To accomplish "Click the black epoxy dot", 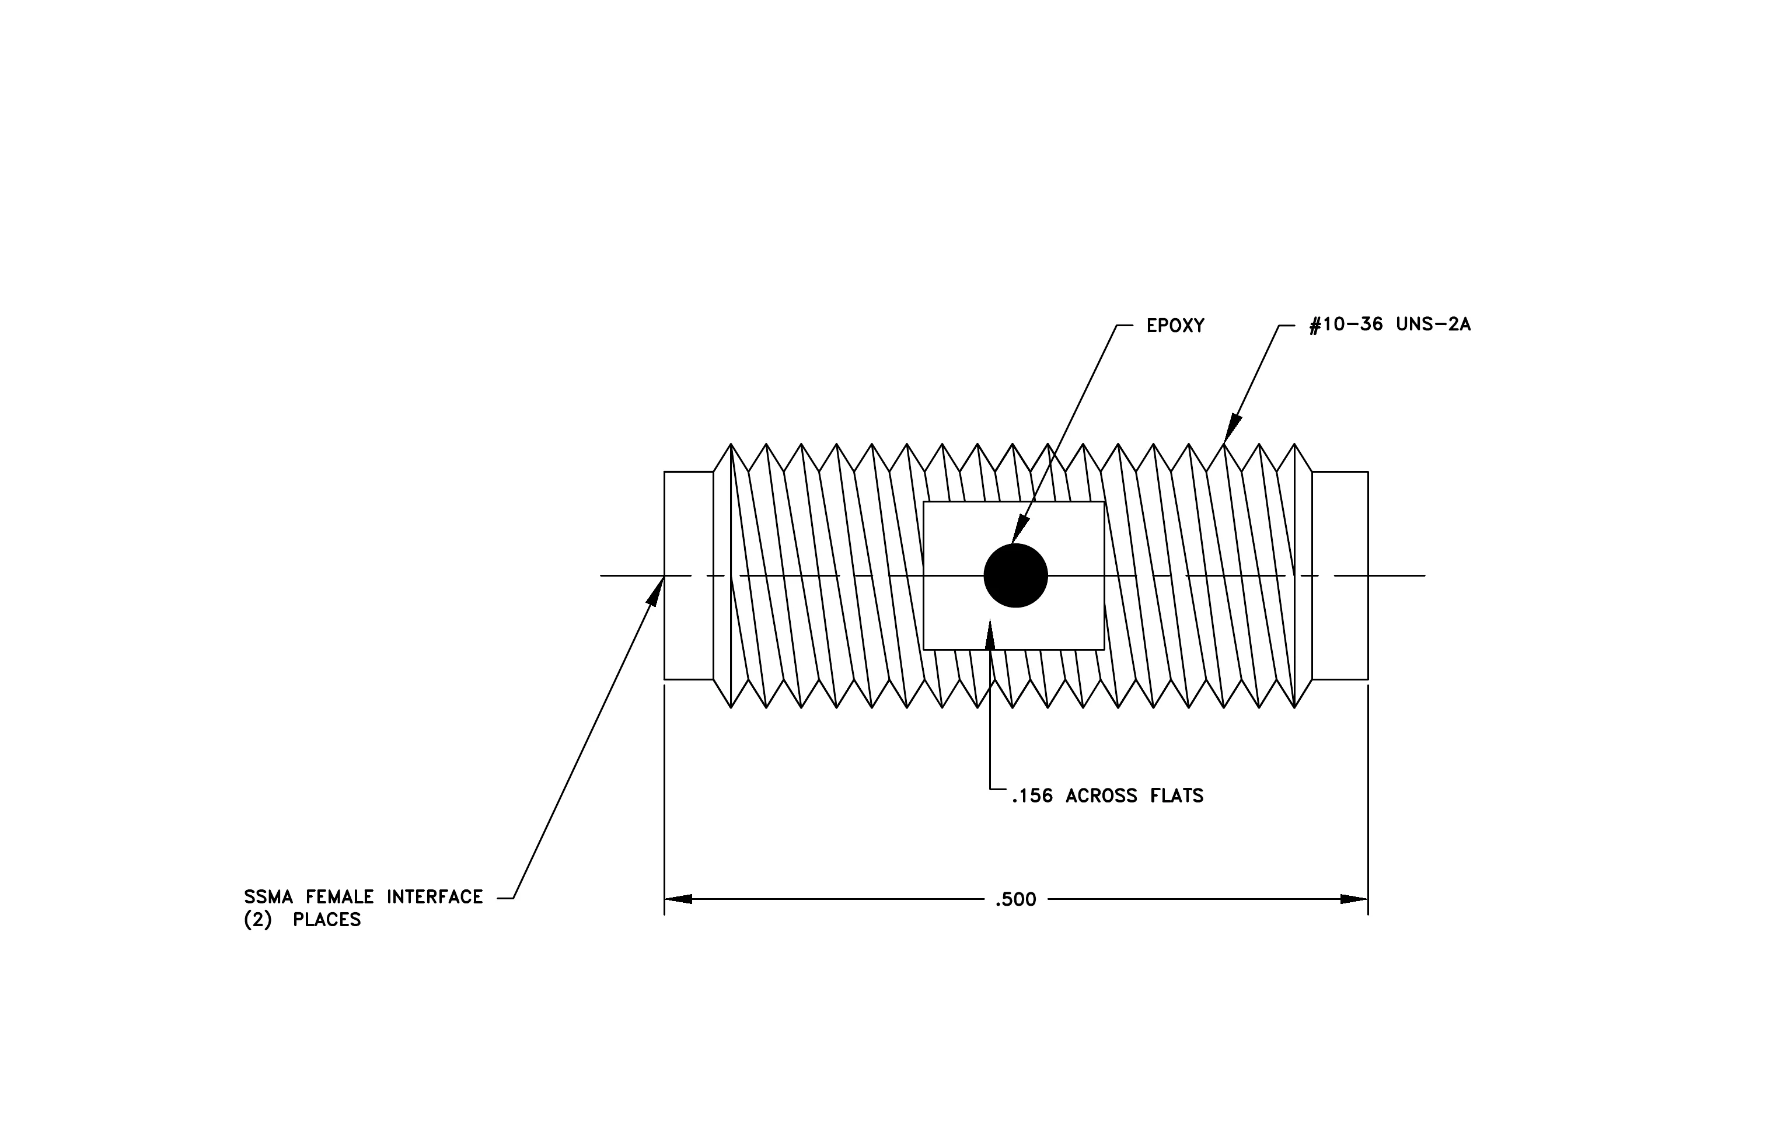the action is [1015, 575].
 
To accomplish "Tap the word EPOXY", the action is [1175, 326].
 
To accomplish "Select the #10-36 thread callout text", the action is [1346, 325].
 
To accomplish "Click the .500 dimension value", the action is [1015, 900].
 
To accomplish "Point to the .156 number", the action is [1032, 797].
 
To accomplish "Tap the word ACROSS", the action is [1102, 797].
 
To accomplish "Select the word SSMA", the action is [268, 897].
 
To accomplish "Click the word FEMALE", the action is [340, 897].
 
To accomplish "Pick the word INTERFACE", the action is [434, 897].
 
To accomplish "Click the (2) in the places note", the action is [258, 920].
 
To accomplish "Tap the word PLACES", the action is [327, 920].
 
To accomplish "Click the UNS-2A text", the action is [1433, 325].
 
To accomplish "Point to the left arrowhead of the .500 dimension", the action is [678, 899].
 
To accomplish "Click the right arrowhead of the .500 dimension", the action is [1354, 899].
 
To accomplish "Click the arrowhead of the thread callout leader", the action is [1233, 428].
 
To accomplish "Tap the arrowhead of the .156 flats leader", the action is [990, 634].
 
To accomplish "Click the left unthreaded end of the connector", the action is [689, 575].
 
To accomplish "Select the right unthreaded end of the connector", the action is [1340, 575].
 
